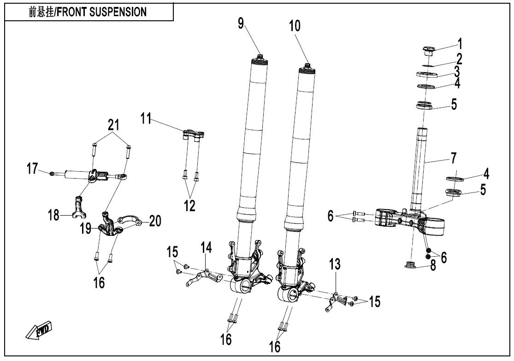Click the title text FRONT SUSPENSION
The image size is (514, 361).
point(88,12)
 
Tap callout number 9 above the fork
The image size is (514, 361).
point(241,24)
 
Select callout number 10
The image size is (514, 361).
point(295,26)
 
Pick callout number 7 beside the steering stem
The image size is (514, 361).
point(454,158)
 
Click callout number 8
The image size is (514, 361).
point(433,266)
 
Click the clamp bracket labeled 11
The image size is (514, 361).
point(194,135)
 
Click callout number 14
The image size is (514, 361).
point(206,248)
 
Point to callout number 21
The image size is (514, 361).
point(113,125)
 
